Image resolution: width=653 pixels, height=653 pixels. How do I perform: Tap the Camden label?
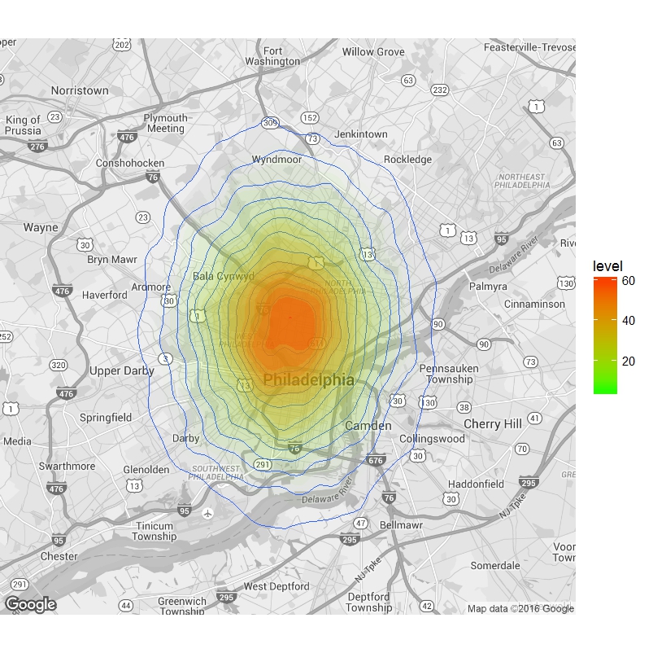pyautogui.click(x=368, y=426)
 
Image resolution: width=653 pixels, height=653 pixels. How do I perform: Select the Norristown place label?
pyautogui.click(x=80, y=90)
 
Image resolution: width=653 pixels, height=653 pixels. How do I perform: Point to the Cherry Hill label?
pyautogui.click(x=493, y=424)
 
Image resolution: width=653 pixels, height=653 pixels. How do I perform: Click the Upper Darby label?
pyautogui.click(x=122, y=370)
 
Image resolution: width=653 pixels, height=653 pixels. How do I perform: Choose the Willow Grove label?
pyautogui.click(x=373, y=52)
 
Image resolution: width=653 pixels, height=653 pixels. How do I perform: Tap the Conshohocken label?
pyautogui.click(x=130, y=163)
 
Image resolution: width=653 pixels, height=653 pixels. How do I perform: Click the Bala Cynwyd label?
pyautogui.click(x=224, y=276)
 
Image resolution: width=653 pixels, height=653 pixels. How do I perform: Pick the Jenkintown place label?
pyautogui.click(x=361, y=134)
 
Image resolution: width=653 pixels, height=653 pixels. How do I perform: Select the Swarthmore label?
pyautogui.click(x=67, y=467)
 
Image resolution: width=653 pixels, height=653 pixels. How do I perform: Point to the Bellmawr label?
pyautogui.click(x=401, y=526)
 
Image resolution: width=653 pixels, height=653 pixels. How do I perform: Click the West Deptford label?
pyautogui.click(x=276, y=586)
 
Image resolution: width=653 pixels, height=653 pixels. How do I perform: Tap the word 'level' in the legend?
pyautogui.click(x=608, y=266)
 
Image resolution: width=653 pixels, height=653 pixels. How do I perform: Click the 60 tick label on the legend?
pyautogui.click(x=628, y=281)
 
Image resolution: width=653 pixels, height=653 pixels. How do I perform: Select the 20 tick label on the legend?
pyautogui.click(x=628, y=361)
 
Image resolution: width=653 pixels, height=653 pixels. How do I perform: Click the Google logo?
pyautogui.click(x=30, y=604)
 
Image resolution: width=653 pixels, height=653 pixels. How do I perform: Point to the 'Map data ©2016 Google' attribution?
pyautogui.click(x=520, y=608)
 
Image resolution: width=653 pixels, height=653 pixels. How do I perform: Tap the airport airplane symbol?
pyautogui.click(x=208, y=514)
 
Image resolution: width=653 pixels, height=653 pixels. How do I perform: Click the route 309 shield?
pyautogui.click(x=270, y=122)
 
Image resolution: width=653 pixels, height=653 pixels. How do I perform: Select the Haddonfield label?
pyautogui.click(x=477, y=484)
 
